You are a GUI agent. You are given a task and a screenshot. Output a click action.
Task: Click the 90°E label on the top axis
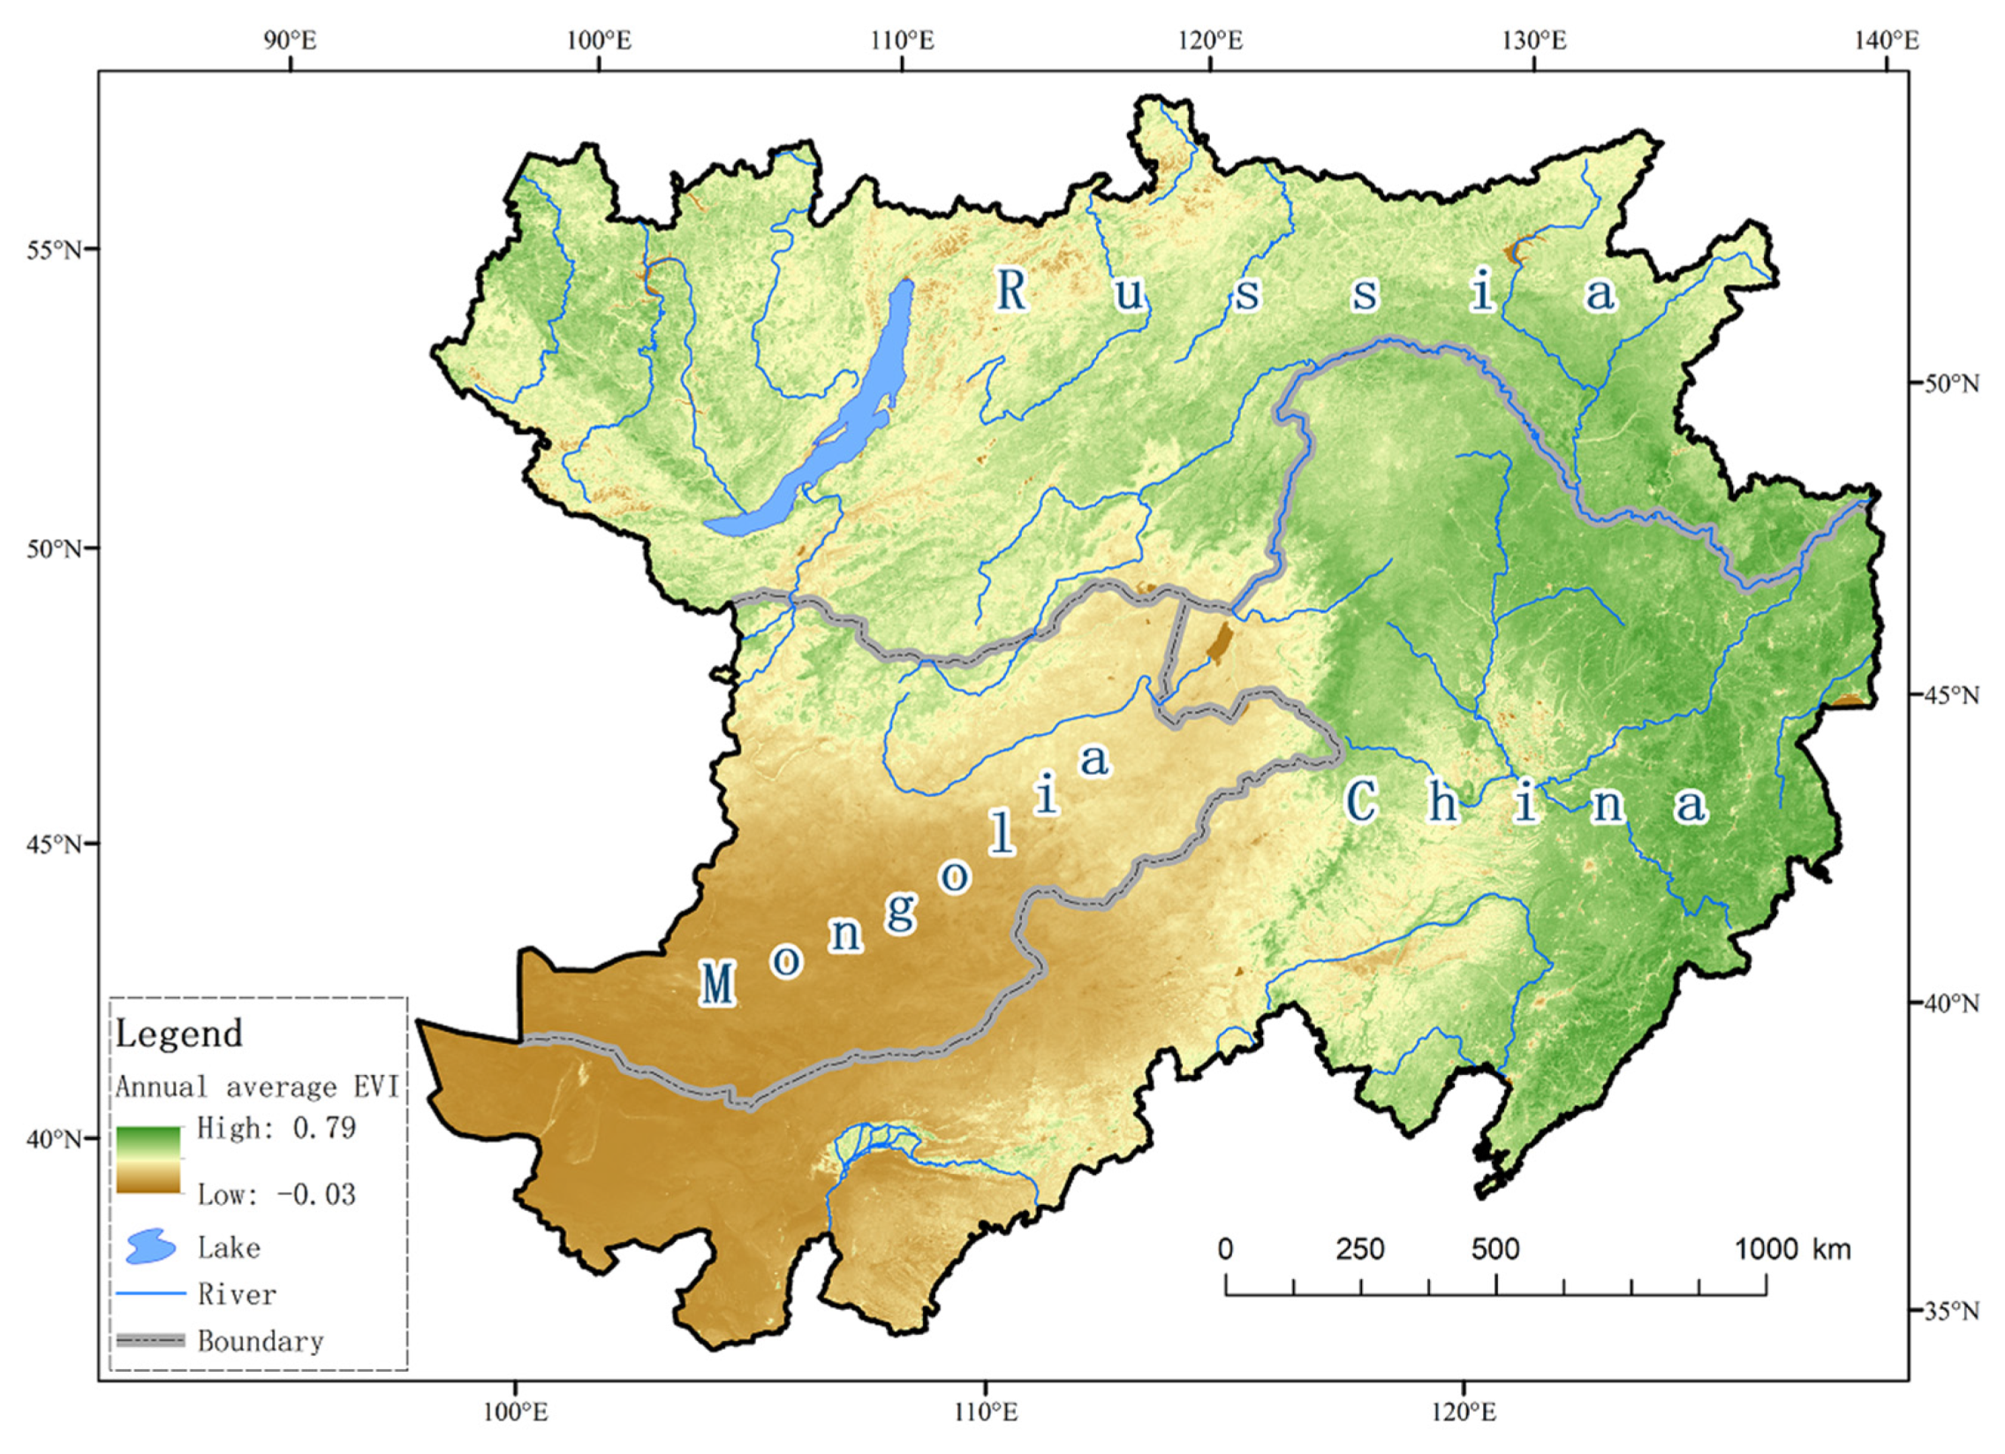(289, 40)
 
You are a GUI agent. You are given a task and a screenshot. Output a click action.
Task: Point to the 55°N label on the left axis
(54, 250)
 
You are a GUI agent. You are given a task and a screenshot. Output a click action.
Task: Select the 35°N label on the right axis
(1951, 1310)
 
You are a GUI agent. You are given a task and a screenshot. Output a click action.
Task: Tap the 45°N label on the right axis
(1951, 695)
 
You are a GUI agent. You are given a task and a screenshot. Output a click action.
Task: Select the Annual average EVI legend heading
(257, 1087)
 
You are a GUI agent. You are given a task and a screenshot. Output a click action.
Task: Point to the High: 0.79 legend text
(276, 1129)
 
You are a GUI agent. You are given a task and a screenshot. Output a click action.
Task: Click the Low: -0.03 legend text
(276, 1195)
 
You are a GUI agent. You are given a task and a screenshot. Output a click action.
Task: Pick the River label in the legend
(237, 1295)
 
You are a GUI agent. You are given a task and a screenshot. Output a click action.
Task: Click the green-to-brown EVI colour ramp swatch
(148, 1160)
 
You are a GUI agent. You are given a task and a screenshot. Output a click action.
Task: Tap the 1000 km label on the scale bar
(1792, 1249)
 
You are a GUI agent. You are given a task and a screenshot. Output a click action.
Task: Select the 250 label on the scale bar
(1359, 1249)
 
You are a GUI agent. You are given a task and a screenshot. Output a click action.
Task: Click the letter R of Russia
(1012, 290)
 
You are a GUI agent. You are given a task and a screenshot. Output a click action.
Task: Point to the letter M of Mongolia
(717, 985)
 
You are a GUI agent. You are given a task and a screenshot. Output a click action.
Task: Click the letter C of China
(1361, 802)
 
